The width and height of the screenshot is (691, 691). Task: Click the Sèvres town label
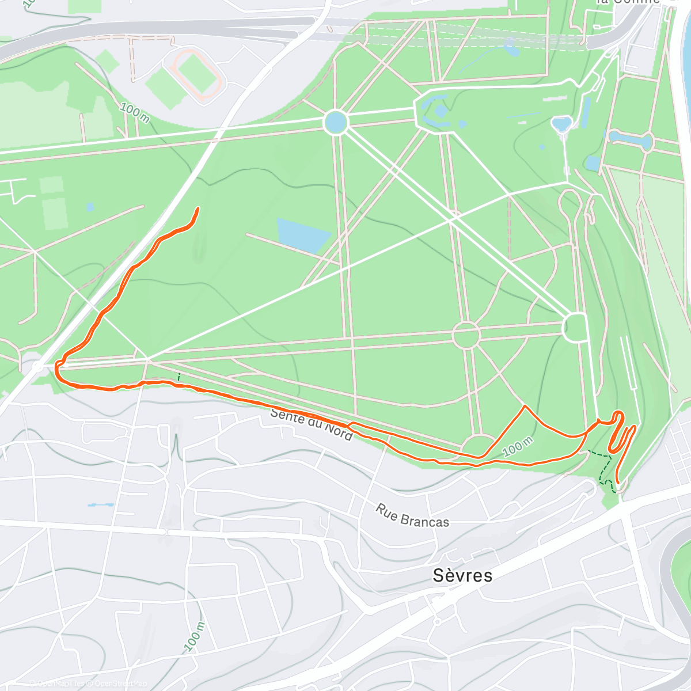tap(462, 575)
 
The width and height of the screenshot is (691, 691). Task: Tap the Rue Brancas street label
tap(412, 515)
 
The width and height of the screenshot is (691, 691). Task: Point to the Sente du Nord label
tap(311, 424)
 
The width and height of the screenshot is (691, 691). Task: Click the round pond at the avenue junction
tap(336, 122)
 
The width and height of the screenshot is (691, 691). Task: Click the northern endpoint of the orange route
tap(199, 208)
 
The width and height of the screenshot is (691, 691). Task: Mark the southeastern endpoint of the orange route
tap(618, 482)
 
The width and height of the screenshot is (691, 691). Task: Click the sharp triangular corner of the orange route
tap(525, 407)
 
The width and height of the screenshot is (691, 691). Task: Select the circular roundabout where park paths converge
tap(466, 335)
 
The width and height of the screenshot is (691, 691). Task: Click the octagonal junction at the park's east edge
tap(575, 327)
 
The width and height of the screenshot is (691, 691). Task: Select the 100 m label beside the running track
tap(135, 112)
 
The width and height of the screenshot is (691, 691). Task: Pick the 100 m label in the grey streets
tap(195, 636)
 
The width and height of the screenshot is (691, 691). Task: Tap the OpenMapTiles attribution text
tap(58, 684)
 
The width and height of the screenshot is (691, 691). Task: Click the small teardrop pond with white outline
tap(560, 124)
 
